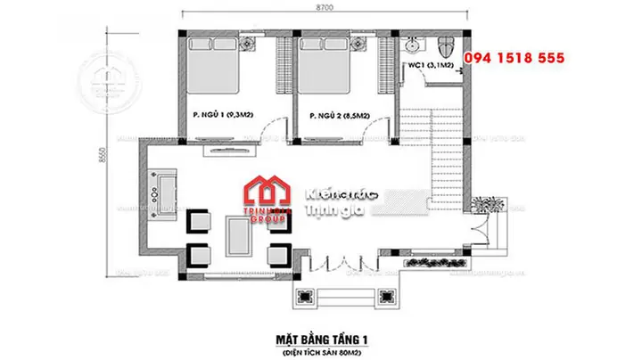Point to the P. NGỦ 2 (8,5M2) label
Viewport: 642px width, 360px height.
337,116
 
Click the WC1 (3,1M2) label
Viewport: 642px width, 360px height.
430,66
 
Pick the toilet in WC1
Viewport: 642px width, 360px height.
448,43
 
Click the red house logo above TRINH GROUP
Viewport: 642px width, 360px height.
267,191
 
